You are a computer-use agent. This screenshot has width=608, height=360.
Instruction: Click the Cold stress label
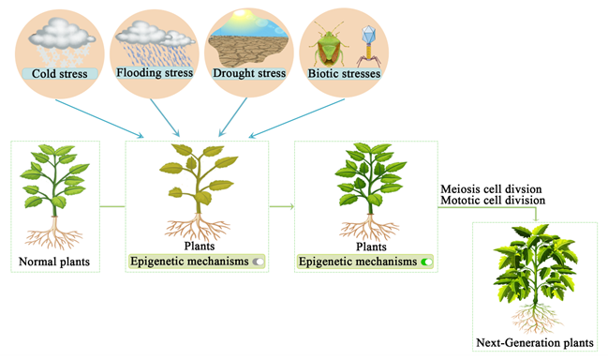click(x=59, y=74)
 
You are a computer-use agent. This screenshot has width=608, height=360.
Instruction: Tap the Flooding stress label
click(x=155, y=72)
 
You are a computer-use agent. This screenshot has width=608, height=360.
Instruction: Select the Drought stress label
click(x=249, y=73)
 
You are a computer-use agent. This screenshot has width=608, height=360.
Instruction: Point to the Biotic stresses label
click(x=344, y=73)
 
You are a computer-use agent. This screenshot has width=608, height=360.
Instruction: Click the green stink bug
click(x=329, y=45)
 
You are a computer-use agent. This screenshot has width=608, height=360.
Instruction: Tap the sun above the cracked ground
click(x=241, y=14)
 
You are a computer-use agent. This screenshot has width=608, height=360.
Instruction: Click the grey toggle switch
click(x=259, y=262)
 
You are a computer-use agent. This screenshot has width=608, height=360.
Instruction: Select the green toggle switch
click(x=426, y=262)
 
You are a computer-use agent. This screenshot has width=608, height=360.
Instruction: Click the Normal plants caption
click(x=54, y=262)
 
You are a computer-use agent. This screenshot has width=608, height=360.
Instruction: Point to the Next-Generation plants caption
click(x=535, y=343)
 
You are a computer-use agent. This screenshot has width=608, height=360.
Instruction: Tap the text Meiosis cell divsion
click(x=491, y=189)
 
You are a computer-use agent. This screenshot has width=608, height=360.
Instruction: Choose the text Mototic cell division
click(x=493, y=201)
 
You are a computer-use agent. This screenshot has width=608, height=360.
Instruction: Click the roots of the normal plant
click(x=54, y=232)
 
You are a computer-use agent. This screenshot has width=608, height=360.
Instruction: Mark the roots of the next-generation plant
click(x=536, y=319)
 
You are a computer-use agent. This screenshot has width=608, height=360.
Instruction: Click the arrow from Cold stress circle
click(x=99, y=118)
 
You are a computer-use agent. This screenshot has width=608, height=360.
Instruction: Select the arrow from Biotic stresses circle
click(x=297, y=118)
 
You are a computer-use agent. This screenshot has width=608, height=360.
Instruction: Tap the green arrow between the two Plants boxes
click(x=282, y=207)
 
